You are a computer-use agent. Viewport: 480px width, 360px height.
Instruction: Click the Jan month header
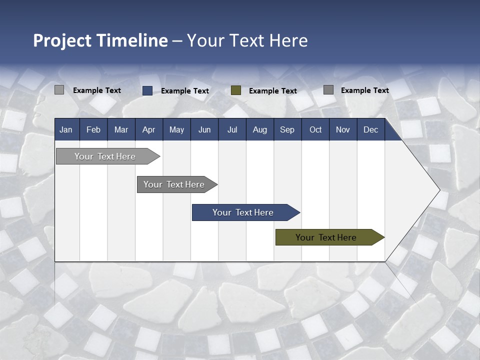[x=66, y=129]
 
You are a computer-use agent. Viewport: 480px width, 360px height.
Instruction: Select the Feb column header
[x=93, y=129]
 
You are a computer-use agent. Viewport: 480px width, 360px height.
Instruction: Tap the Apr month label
[x=148, y=129]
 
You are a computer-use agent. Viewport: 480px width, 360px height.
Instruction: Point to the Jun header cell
[x=204, y=129]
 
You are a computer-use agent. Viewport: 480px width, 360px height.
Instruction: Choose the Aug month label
[x=259, y=129]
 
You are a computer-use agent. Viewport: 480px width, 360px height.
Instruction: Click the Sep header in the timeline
[x=287, y=129]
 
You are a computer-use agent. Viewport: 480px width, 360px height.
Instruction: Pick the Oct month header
[x=315, y=129]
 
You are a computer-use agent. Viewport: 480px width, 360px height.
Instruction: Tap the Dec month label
[x=370, y=129]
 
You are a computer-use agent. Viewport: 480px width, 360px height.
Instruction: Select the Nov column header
[x=343, y=129]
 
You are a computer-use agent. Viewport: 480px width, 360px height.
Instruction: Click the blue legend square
[x=147, y=90]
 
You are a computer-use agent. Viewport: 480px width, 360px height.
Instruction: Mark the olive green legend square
[x=236, y=90]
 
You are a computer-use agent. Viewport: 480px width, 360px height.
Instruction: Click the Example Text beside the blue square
[x=184, y=91]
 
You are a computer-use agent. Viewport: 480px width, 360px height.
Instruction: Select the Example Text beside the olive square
[x=272, y=91]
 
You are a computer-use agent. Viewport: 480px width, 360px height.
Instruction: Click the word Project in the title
[x=62, y=40]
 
